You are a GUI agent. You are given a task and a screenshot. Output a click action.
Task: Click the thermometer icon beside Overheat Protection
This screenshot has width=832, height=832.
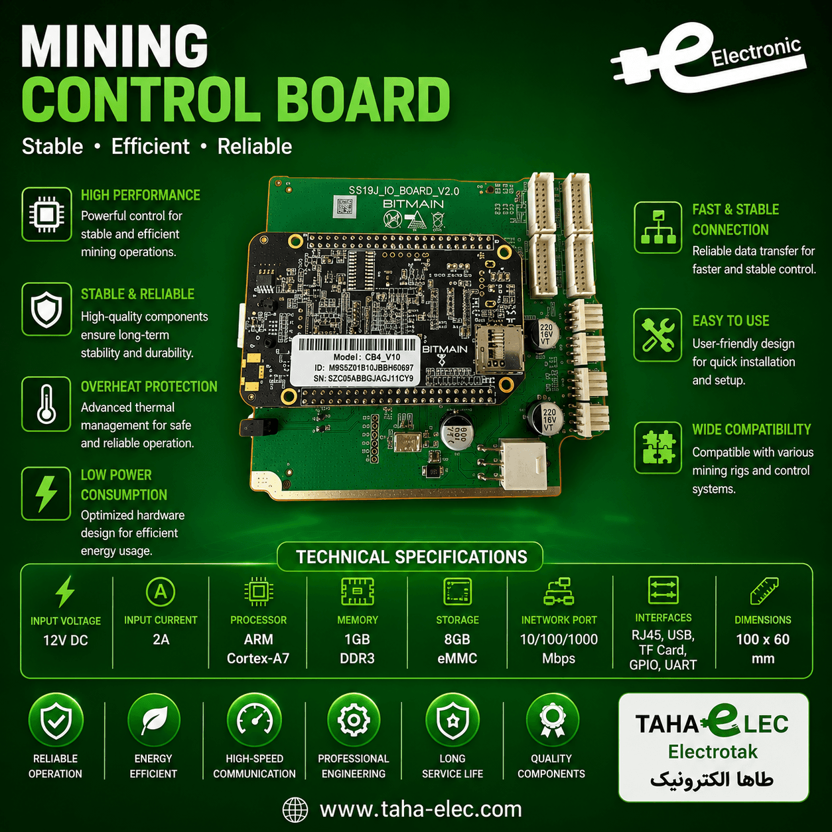[x=46, y=404]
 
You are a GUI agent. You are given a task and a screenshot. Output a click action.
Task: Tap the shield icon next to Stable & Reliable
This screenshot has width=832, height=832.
[x=46, y=309]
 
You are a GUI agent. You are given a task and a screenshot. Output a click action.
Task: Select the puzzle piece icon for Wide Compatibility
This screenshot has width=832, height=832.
[x=658, y=447]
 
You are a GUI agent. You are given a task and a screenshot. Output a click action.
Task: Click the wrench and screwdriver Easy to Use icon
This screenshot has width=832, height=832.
[x=658, y=334]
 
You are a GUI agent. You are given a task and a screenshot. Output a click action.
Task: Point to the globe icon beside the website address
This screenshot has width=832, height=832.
[x=295, y=809]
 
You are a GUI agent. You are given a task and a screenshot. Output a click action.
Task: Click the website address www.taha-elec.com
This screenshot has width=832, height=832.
[x=421, y=809]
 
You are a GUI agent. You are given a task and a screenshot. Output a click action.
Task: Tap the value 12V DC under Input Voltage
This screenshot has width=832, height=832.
[x=66, y=640]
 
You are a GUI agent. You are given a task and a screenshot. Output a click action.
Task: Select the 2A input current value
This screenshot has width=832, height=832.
[x=161, y=640]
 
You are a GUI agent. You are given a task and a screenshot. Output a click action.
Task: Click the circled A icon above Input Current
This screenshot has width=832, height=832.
[x=161, y=591]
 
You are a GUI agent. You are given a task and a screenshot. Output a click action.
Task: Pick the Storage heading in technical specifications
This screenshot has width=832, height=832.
[x=457, y=620]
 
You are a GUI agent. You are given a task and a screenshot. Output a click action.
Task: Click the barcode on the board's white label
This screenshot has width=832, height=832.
[x=357, y=344]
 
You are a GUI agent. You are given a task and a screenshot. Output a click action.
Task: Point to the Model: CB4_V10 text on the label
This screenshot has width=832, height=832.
[x=366, y=357]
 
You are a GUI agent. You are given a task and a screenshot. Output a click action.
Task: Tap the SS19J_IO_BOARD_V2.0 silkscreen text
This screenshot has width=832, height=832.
[x=403, y=191]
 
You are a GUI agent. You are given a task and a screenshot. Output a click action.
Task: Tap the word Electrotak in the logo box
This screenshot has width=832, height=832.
[x=713, y=752]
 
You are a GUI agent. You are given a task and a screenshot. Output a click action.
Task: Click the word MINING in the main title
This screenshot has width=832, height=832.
[x=115, y=46]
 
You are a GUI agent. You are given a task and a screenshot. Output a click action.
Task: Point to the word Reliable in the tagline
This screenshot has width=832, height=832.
[x=255, y=147]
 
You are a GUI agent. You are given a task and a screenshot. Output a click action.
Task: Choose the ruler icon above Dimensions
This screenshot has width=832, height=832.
[x=764, y=590]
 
